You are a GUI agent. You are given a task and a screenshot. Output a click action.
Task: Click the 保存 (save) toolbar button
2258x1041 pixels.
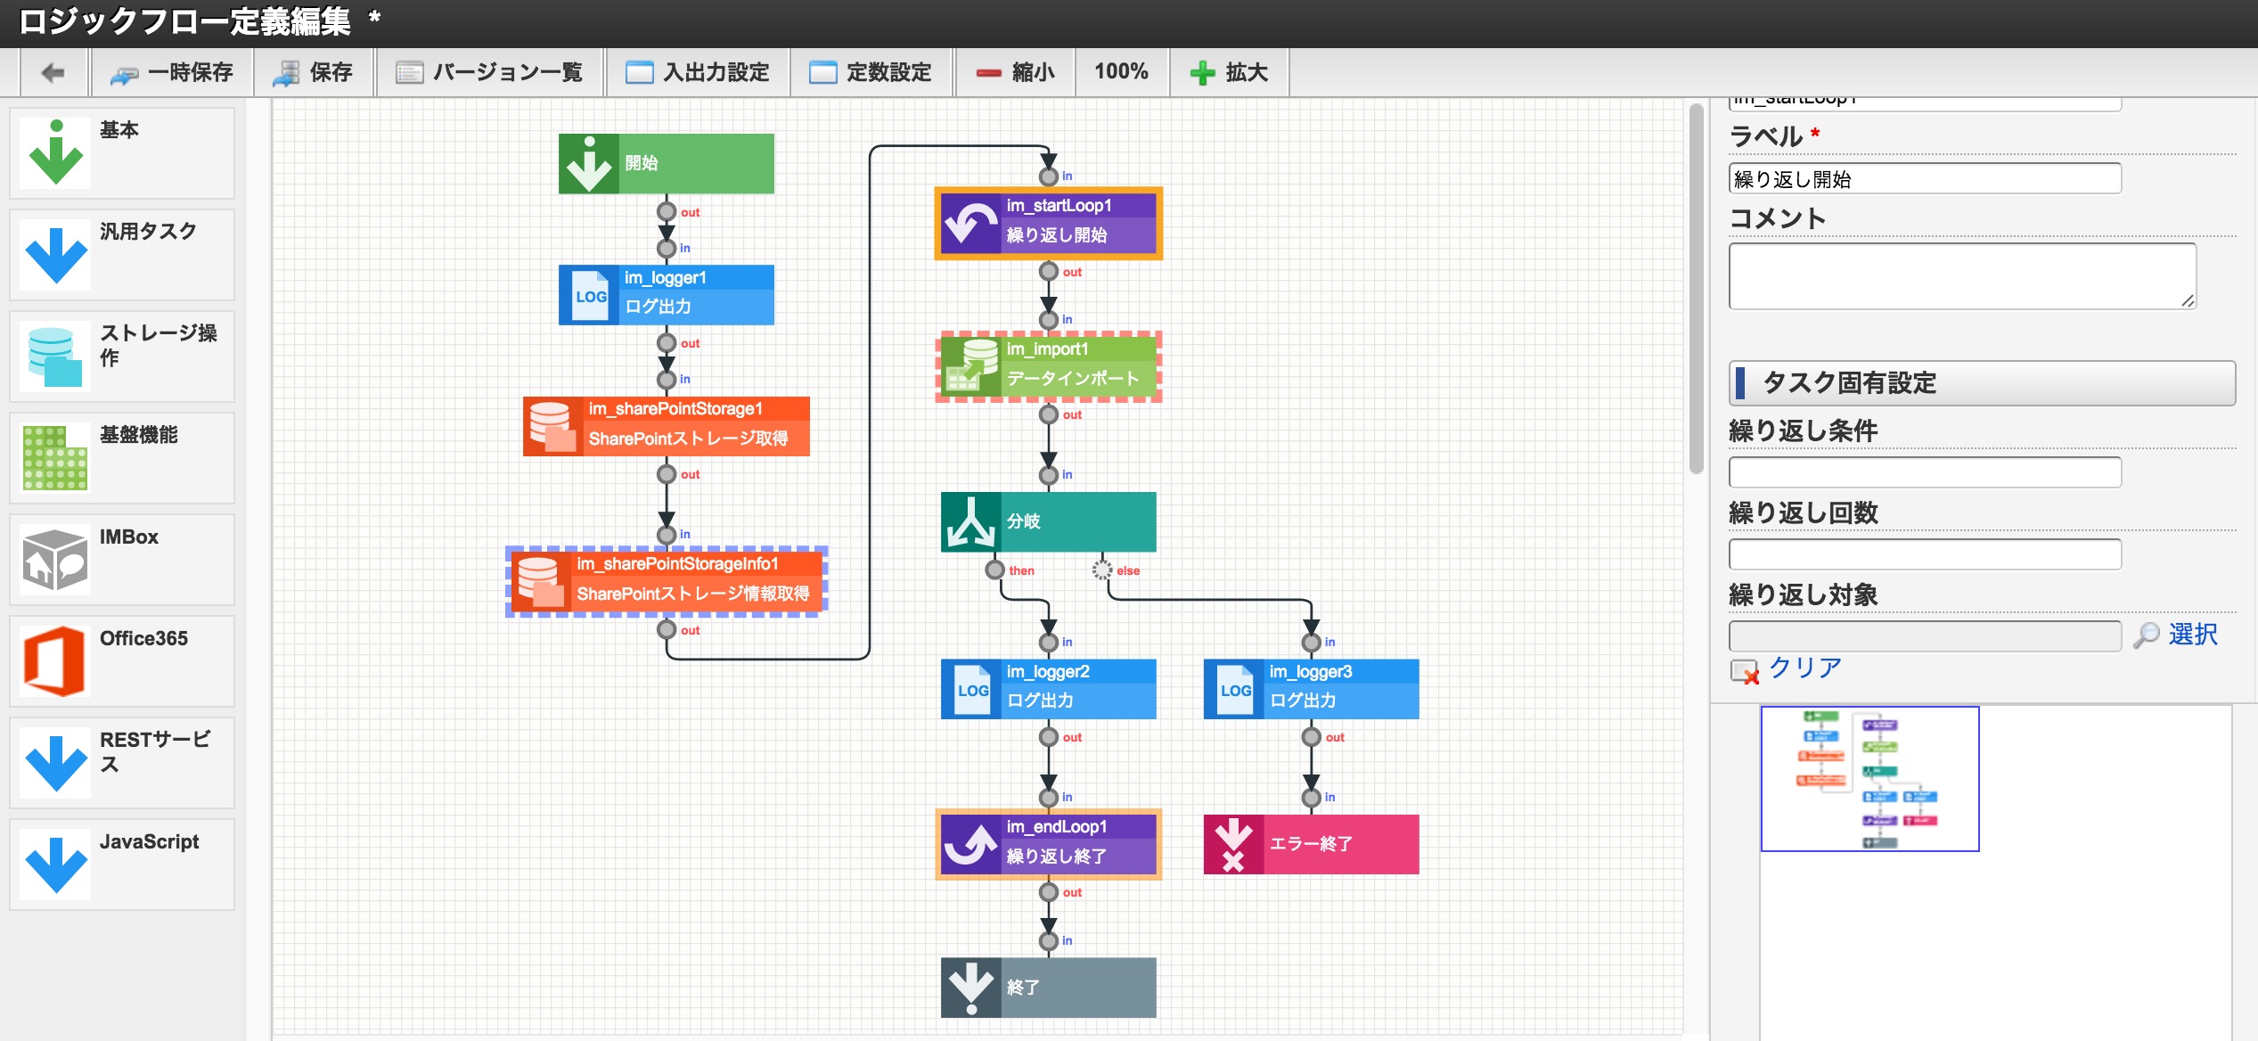[x=314, y=72]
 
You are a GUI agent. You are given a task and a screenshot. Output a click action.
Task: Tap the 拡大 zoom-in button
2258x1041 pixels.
[x=1230, y=72]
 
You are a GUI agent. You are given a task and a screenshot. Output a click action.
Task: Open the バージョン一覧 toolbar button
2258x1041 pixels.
[x=490, y=72]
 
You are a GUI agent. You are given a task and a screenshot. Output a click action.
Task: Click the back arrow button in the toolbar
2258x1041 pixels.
[x=53, y=72]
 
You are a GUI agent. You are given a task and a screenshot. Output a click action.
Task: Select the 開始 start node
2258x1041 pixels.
[x=666, y=163]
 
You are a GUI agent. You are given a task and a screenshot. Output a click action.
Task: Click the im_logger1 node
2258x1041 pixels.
[x=666, y=294]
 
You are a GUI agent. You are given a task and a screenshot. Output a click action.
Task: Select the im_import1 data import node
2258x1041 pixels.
[x=1049, y=366]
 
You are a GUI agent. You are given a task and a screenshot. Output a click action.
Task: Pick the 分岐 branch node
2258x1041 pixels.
[x=1049, y=521]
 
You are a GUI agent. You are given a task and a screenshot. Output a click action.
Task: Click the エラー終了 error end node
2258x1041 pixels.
[x=1311, y=843]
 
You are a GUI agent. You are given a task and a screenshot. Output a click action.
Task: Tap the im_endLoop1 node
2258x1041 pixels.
[x=1049, y=843]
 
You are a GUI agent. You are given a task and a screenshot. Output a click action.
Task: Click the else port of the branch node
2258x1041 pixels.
[x=1102, y=570]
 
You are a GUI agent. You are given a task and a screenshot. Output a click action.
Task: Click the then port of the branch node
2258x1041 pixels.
[x=995, y=570]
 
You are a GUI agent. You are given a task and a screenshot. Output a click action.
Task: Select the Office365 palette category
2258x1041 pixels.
[x=122, y=660]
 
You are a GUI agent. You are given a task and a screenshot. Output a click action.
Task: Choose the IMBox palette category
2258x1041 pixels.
[x=122, y=559]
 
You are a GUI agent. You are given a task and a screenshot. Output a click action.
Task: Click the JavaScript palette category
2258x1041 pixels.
[x=122, y=864]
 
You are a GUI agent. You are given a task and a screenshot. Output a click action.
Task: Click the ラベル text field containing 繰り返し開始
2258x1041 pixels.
[x=1924, y=179]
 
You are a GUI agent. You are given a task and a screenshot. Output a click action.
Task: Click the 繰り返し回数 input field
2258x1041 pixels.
[x=1924, y=553]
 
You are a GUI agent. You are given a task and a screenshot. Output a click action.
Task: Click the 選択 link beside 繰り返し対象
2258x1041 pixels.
[x=2192, y=635]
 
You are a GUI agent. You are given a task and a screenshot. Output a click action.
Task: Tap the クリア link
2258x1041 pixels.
[x=1804, y=668]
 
